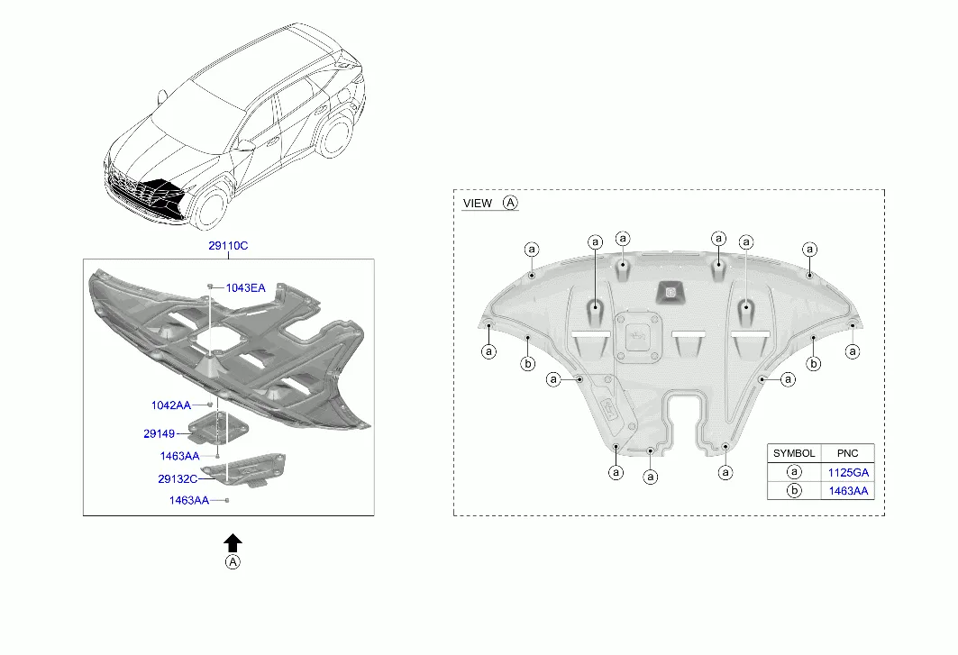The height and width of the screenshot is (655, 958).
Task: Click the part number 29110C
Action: click(228, 246)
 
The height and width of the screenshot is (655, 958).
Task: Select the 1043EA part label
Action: click(246, 287)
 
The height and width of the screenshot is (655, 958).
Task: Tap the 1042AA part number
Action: click(171, 405)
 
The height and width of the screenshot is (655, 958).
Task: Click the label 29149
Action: click(159, 434)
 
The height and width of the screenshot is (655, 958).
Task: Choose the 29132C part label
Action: click(178, 479)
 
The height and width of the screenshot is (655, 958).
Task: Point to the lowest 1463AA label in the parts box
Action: click(188, 500)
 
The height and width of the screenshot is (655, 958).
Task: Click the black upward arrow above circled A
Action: click(233, 542)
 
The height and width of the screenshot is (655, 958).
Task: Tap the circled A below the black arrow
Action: click(233, 562)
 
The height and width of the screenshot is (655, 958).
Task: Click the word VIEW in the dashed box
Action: click(477, 204)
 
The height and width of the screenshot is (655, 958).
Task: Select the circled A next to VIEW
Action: click(510, 203)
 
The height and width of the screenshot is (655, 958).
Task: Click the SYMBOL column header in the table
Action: click(794, 453)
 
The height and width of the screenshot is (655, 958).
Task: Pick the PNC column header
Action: click(847, 453)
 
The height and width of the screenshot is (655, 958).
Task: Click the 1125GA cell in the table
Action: click(848, 472)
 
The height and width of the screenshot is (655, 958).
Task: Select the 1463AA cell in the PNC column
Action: click(848, 491)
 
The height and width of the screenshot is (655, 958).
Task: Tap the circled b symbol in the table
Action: click(794, 491)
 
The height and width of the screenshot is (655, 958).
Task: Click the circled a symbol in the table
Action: click(794, 472)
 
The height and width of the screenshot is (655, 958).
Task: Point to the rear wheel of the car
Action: click(335, 136)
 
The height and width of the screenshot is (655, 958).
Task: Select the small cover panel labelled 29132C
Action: click(244, 469)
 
